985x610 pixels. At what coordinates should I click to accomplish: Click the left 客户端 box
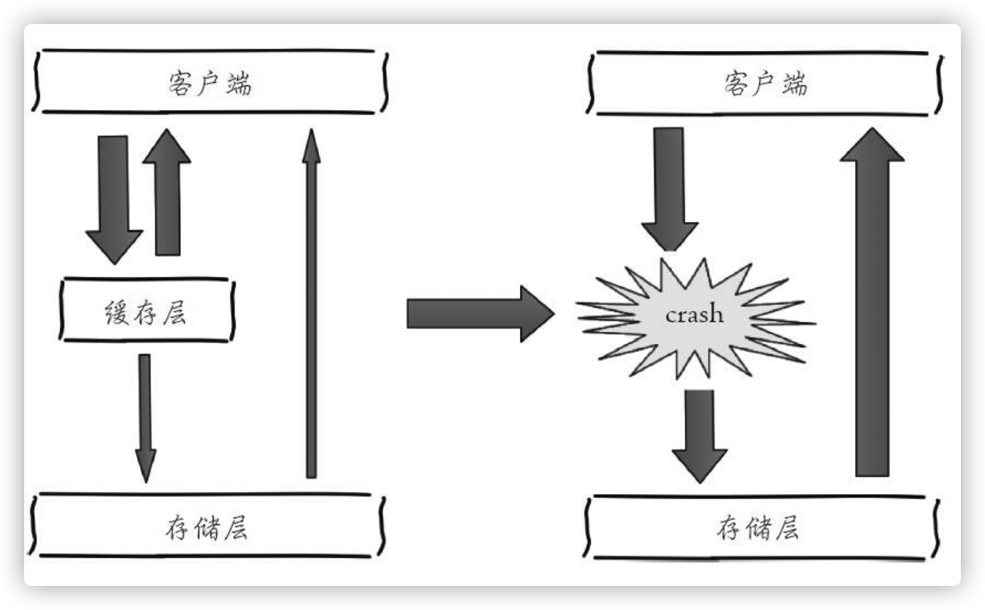pos(210,81)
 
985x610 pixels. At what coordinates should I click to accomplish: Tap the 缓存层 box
pos(147,311)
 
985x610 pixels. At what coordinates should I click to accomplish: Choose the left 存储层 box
pos(206,527)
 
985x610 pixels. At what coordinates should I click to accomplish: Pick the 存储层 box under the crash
pos(759,528)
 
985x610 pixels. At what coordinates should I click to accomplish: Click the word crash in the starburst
pos(694,314)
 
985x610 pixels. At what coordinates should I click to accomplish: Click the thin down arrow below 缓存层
pos(145,416)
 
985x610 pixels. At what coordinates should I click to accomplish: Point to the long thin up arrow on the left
pos(311,302)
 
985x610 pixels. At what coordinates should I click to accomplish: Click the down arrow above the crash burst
pos(669,188)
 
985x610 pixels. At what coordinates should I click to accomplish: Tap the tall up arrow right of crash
pos(872,302)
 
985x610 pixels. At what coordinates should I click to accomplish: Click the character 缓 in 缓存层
pos(117,312)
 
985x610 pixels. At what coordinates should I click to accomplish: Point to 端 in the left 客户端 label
pos(239,84)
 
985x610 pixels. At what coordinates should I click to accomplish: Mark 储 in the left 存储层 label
pos(207,528)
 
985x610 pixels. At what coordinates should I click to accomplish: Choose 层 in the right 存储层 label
pos(787,528)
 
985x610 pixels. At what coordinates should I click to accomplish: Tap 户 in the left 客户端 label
pos(209,84)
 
